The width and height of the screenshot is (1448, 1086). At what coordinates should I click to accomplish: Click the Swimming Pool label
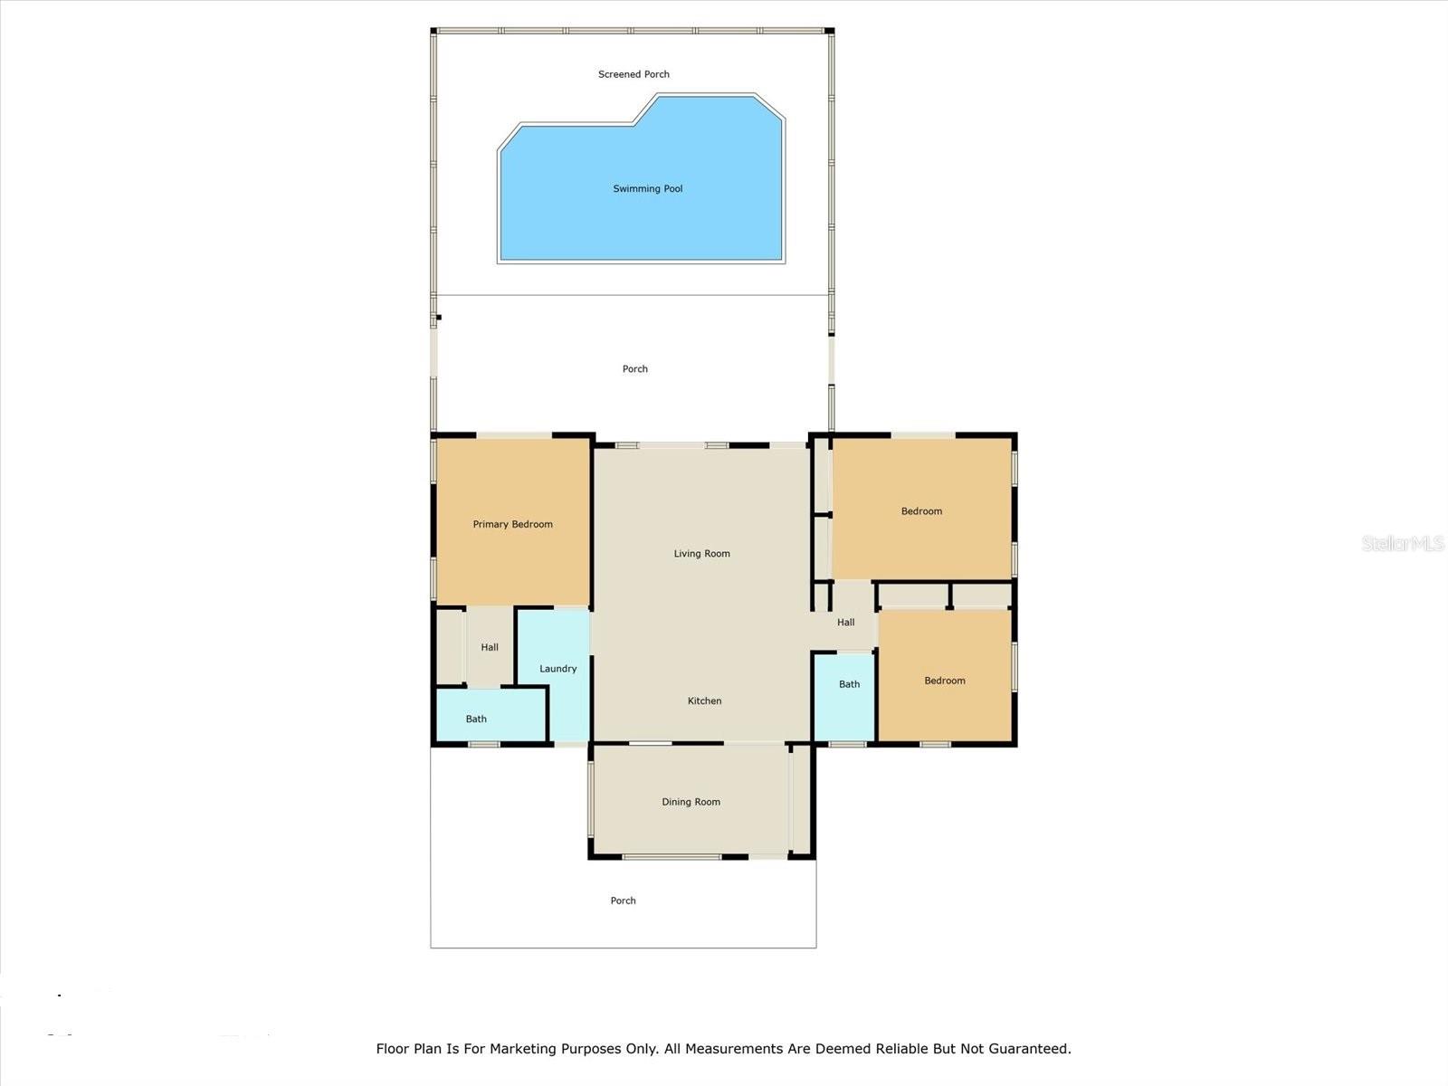(647, 189)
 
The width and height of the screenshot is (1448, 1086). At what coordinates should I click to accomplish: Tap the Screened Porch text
(633, 74)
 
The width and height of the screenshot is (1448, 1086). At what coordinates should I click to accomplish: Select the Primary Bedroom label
(512, 524)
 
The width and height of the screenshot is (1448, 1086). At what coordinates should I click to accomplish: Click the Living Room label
(701, 554)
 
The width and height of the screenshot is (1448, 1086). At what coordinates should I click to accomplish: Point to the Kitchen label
(704, 700)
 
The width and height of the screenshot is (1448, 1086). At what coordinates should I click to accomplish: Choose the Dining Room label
(691, 802)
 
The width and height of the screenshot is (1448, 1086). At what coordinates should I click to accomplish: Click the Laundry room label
(557, 669)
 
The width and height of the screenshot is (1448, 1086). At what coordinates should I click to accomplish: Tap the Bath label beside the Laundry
(476, 719)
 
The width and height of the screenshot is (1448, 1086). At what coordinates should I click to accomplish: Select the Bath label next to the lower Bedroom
(849, 684)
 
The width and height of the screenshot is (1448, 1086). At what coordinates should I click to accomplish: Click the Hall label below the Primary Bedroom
(490, 647)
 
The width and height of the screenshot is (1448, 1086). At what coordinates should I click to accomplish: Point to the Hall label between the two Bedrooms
(845, 623)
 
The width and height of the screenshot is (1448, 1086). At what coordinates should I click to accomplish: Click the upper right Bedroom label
(921, 511)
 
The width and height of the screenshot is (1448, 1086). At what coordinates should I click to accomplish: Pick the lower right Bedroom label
(944, 681)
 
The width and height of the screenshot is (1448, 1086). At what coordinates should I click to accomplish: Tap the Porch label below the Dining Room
(623, 900)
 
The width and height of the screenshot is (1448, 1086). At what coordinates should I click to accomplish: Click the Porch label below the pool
(634, 369)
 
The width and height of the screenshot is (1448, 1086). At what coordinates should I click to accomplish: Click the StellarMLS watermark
(1402, 543)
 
